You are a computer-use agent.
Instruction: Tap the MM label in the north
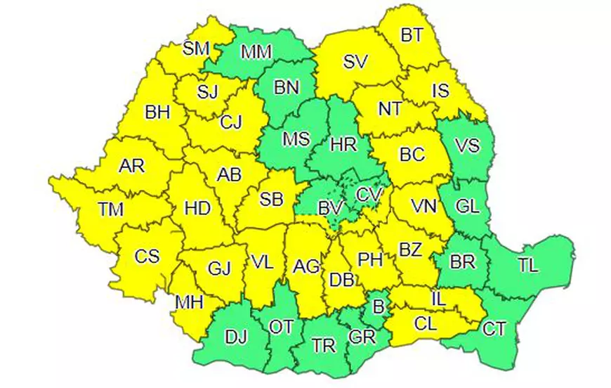pyautogui.click(x=256, y=52)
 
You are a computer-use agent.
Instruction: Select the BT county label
pyautogui.click(x=411, y=35)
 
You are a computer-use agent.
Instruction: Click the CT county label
pyautogui.click(x=496, y=327)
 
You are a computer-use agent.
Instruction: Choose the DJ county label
pyautogui.click(x=236, y=337)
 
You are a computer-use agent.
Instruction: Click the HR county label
pyautogui.click(x=343, y=144)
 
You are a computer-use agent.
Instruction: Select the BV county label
pyautogui.click(x=329, y=207)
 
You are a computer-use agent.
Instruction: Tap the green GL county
pyautogui.click(x=466, y=207)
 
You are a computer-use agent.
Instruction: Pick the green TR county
pyautogui.click(x=323, y=345)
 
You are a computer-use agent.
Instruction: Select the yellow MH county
pyautogui.click(x=189, y=302)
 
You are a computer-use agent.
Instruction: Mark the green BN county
pyautogui.click(x=286, y=87)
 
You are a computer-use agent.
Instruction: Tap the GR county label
pyautogui.click(x=361, y=337)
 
